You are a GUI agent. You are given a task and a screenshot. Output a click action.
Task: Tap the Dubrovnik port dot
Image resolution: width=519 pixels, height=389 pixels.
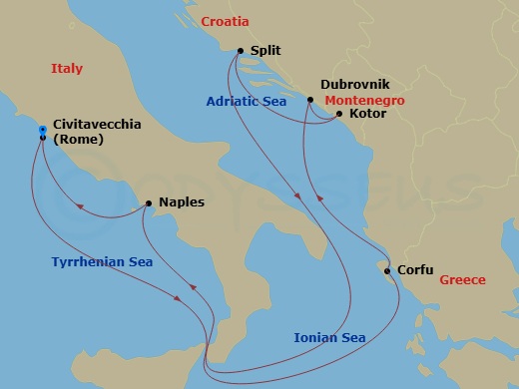(x=310, y=100)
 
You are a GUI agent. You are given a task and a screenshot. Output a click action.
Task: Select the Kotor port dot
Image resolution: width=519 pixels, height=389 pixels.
(x=339, y=114)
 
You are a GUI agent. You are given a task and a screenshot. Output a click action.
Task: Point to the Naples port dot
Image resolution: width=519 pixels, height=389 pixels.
(x=149, y=202)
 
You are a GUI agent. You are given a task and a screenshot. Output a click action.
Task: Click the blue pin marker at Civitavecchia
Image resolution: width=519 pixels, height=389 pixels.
(x=42, y=131)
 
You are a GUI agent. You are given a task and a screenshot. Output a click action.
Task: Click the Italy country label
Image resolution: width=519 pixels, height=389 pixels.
(x=67, y=69)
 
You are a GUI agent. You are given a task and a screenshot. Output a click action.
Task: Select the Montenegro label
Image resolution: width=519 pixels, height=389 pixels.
(x=361, y=101)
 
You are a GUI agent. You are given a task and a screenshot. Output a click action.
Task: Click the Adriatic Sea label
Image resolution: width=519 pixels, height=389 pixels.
(x=247, y=101)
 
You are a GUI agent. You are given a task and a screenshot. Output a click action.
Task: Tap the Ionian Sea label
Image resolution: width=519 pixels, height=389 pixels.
(x=329, y=337)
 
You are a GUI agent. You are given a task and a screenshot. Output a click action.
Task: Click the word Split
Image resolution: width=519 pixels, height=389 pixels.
(x=264, y=50)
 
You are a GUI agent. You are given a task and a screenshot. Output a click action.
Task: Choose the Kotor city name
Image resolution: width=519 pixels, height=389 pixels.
(x=368, y=114)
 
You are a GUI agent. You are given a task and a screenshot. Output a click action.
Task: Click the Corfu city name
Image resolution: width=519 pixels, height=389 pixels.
(x=415, y=269)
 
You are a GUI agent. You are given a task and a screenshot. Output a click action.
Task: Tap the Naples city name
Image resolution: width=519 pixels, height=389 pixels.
(x=182, y=202)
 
